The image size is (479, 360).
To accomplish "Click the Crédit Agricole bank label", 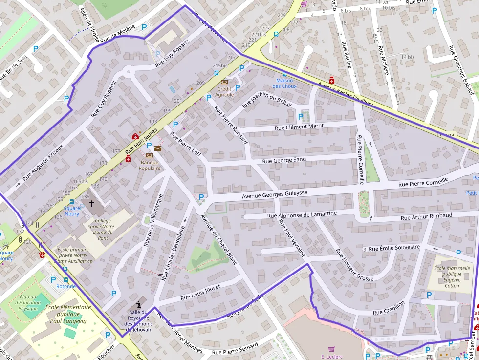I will pos(224,91).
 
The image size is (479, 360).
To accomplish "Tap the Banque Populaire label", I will pos(150,165).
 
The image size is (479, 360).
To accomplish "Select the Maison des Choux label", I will pos(284,83).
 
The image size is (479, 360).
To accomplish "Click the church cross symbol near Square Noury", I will pos(91,203).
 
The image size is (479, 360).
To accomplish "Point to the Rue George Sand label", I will pos(284,160).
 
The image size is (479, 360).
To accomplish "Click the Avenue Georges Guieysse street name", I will pos(275,194).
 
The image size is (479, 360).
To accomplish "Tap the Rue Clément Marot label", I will pos(299,127).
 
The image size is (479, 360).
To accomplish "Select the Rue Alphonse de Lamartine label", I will pos(302,214).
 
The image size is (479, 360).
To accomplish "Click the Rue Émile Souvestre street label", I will pos(394,248).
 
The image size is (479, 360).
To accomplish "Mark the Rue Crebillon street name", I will pos(389,308).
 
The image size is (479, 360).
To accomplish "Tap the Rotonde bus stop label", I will pos(66,286).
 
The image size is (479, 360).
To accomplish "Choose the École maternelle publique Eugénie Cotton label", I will pos(452,277).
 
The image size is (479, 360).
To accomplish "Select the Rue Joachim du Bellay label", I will pos(267,98).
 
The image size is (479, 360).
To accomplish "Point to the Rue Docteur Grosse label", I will pos(354,265).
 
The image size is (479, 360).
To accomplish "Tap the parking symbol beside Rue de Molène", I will pos(144,28).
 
